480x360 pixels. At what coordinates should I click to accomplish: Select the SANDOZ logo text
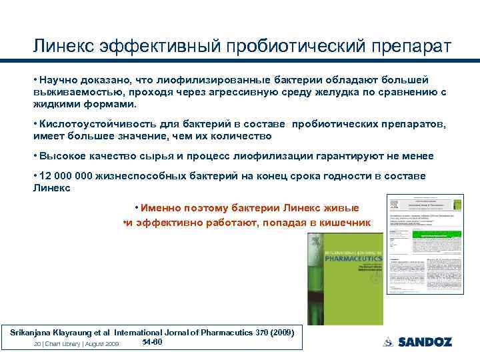[x=425, y=342]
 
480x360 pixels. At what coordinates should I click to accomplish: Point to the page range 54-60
[x=153, y=342]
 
